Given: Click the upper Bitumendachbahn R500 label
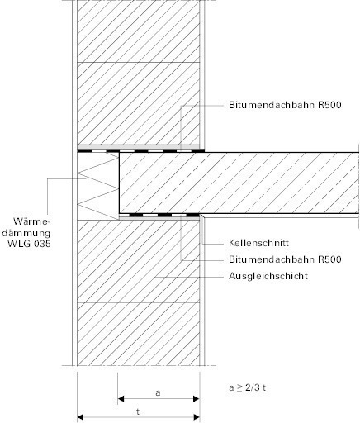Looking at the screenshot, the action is pyautogui.click(x=285, y=105).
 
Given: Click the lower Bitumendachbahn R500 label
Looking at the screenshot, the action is pyautogui.click(x=285, y=259).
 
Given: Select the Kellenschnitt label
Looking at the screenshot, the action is pyautogui.click(x=258, y=243).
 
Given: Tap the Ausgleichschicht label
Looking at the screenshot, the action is pyautogui.click(x=268, y=276).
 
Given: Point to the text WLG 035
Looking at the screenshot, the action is pyautogui.click(x=30, y=244).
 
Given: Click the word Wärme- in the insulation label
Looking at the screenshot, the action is pyautogui.click(x=32, y=221).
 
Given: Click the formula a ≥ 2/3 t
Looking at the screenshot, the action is pyautogui.click(x=247, y=387).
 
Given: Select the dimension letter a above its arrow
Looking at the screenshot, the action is pyautogui.click(x=158, y=392).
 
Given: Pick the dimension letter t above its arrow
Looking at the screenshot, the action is pyautogui.click(x=138, y=411).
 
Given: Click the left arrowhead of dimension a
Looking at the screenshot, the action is pyautogui.click(x=121, y=399).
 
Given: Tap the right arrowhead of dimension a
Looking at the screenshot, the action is pyautogui.click(x=197, y=399).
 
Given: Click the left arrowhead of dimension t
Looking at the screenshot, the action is pyautogui.click(x=80, y=417).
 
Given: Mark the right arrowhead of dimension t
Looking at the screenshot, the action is pyautogui.click(x=197, y=417).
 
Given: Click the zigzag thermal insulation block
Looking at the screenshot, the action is pyautogui.click(x=98, y=186).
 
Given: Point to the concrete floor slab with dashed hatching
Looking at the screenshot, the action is pyautogui.click(x=239, y=183).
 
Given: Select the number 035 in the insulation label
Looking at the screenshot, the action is pyautogui.click(x=40, y=244).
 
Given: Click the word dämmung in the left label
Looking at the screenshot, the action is pyautogui.click(x=26, y=233).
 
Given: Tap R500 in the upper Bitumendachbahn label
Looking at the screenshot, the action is pyautogui.click(x=329, y=105).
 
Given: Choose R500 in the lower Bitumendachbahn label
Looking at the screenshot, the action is pyautogui.click(x=329, y=259).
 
